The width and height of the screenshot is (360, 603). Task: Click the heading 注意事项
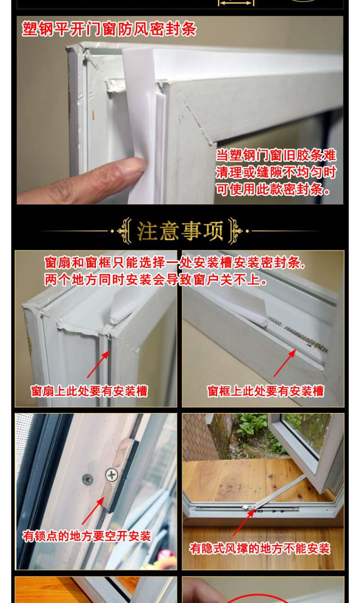180,231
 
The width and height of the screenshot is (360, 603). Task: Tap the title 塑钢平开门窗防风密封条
109,29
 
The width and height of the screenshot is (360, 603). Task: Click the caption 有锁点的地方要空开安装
87,536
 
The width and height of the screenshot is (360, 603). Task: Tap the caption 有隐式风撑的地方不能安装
260,548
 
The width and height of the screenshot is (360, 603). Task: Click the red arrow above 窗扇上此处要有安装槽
98,364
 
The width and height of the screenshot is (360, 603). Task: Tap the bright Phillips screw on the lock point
111,474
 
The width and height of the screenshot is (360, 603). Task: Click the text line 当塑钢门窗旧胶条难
276,155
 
